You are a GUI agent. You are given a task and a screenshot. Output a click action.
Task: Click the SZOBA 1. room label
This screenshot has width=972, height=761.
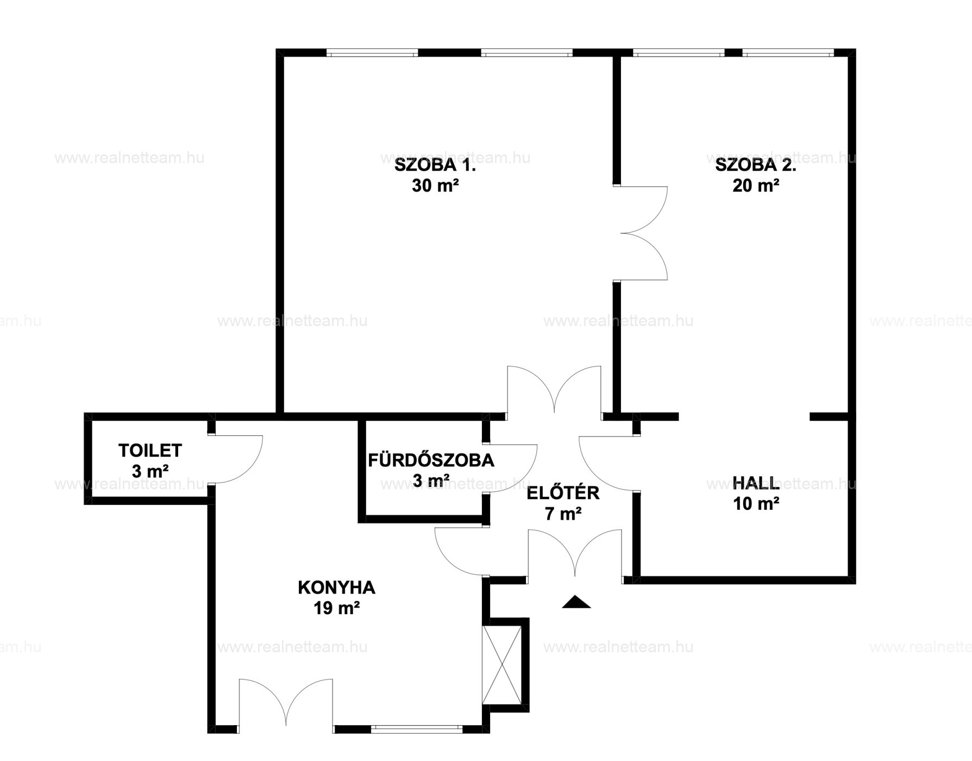(435, 165)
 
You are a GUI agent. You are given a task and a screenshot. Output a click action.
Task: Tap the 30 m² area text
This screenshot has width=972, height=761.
(435, 186)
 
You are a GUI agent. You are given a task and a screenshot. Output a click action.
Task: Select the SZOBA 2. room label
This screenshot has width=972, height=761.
(755, 165)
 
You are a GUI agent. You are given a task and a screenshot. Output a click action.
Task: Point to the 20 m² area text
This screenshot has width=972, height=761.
(756, 186)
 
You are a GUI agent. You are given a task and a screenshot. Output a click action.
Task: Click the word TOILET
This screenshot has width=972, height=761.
(150, 451)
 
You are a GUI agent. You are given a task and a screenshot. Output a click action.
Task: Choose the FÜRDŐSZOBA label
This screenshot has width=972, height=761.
(431, 460)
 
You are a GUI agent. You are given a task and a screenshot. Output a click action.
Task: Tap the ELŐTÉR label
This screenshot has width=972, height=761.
(563, 493)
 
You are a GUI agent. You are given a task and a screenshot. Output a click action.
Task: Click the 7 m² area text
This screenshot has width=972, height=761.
(563, 514)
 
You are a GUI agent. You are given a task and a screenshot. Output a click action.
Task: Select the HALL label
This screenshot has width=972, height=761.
(756, 483)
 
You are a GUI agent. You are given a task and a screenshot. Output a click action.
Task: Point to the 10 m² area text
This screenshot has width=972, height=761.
(756, 504)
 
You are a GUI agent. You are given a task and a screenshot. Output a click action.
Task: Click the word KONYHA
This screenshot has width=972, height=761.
(336, 588)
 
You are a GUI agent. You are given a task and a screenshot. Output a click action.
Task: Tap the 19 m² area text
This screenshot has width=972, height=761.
(336, 608)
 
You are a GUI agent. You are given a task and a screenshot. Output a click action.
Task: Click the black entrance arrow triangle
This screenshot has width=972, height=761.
(576, 602)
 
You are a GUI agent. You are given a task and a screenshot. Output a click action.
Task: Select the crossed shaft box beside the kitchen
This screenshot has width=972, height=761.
(502, 665)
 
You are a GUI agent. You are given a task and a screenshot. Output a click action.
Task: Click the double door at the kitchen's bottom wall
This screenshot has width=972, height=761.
(286, 702)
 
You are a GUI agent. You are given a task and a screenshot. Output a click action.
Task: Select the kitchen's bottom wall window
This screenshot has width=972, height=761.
(417, 729)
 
